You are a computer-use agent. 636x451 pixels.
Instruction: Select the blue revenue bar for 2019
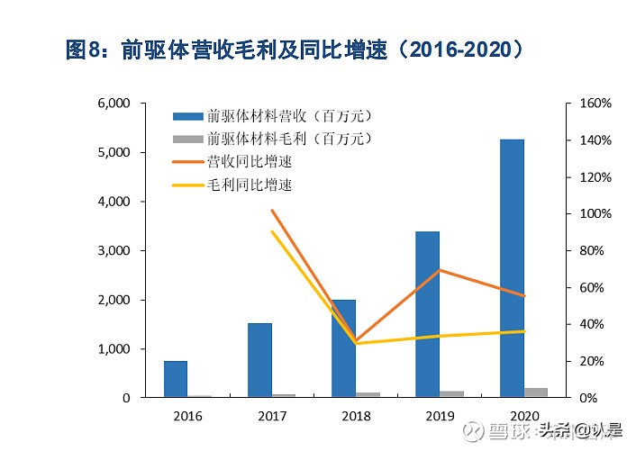coord(427,314)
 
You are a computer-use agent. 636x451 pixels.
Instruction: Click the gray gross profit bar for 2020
coord(535,392)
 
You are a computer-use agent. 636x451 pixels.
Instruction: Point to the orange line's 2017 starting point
coord(271,211)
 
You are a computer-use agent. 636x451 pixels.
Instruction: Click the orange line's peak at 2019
coord(440,270)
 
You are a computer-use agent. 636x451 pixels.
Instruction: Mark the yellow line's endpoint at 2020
coord(524,331)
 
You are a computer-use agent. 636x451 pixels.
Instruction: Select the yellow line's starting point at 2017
coord(271,232)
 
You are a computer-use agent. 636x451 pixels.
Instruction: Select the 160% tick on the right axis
coord(594,104)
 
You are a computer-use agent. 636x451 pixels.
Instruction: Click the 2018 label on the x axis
coord(356,416)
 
